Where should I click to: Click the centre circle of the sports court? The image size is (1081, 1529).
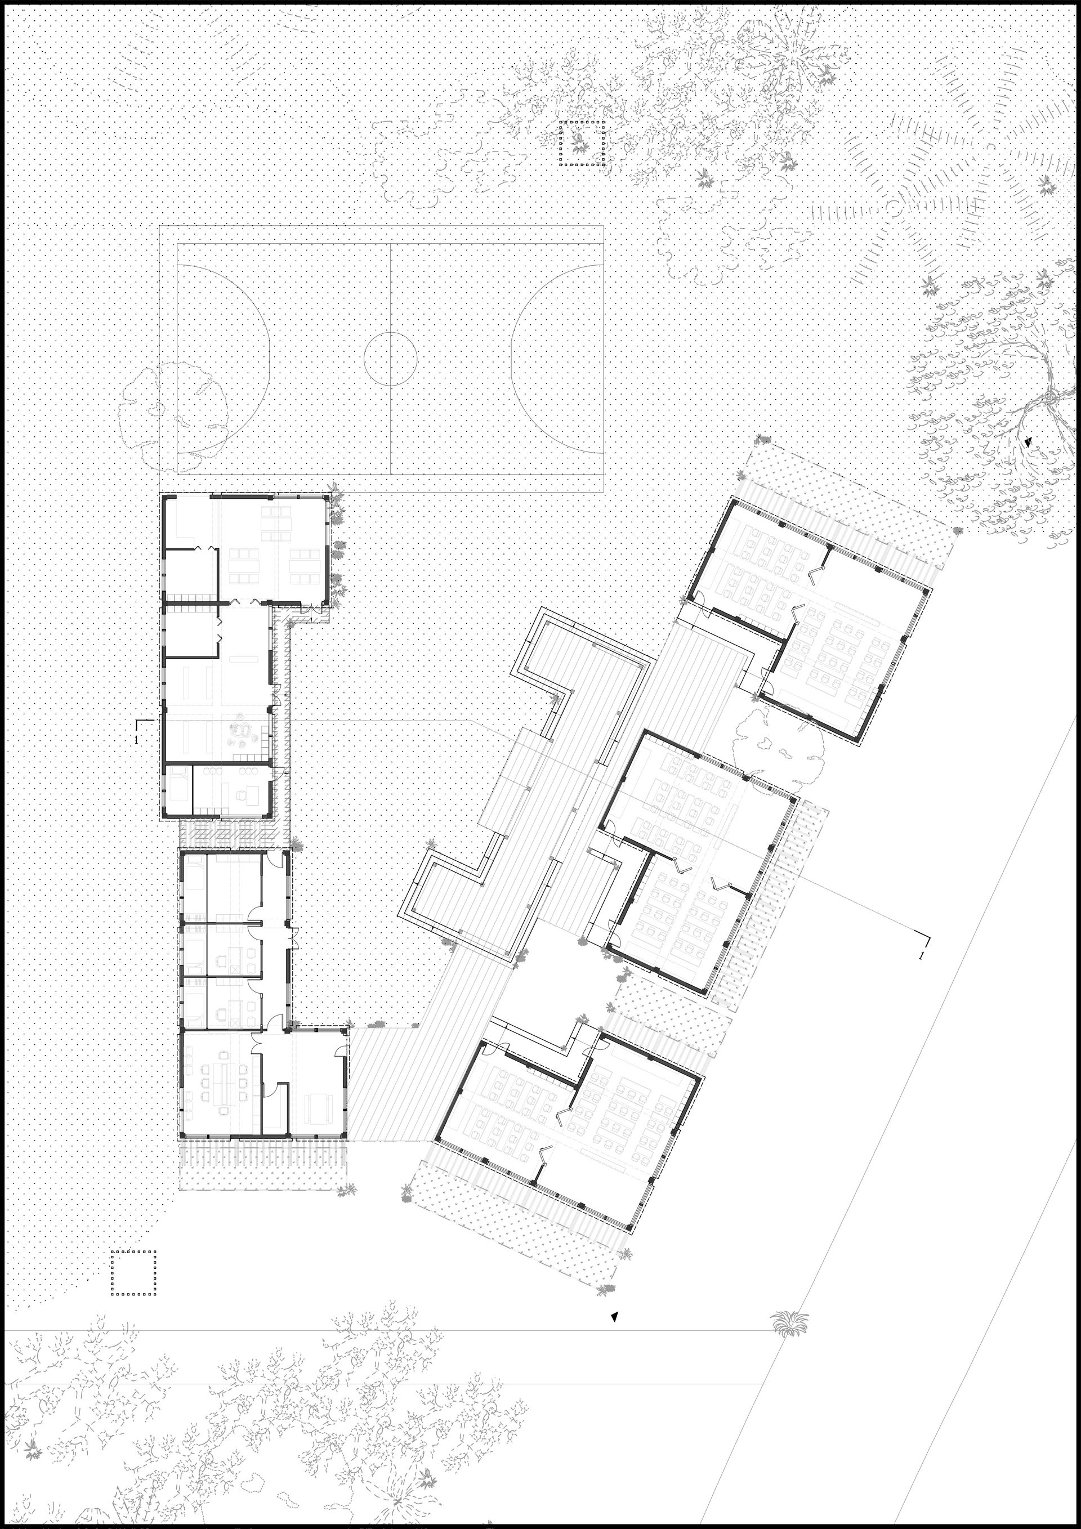(x=390, y=360)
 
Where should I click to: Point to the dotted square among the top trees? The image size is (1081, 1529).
(x=582, y=143)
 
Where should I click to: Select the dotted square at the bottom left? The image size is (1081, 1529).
(x=134, y=807)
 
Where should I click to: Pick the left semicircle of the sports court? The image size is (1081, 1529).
(x=223, y=360)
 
